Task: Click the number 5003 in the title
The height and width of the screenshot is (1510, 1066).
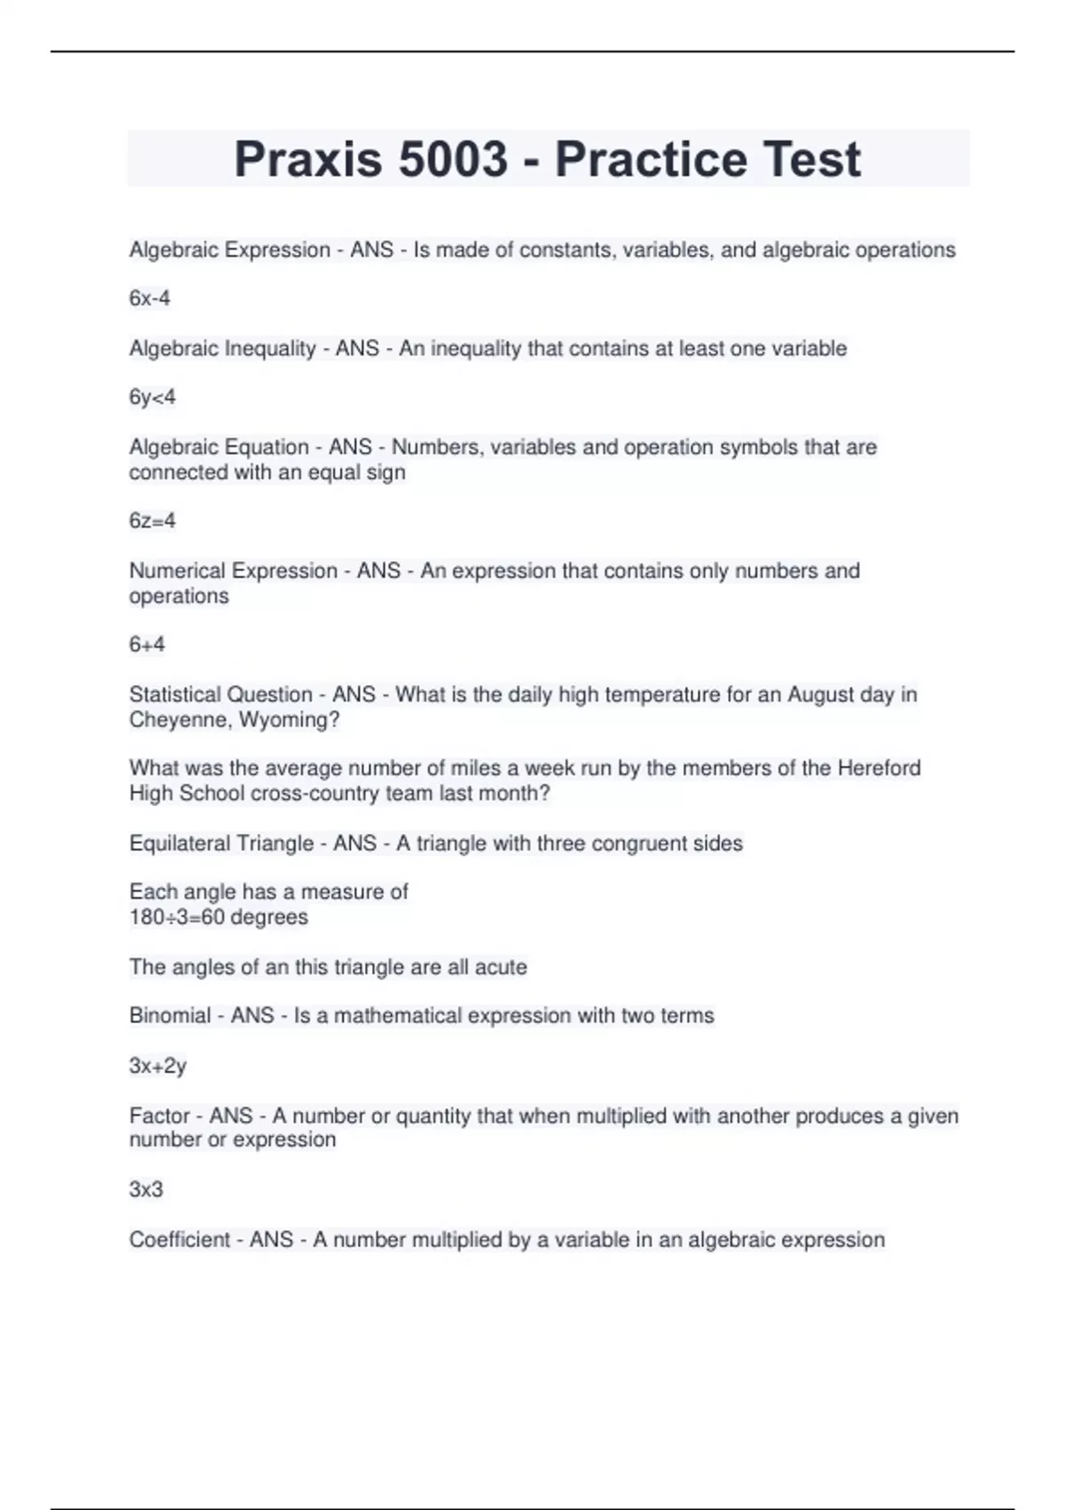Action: click(x=453, y=160)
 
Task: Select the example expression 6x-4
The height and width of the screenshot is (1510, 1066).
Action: click(x=149, y=298)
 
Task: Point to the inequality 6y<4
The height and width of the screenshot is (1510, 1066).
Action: click(x=152, y=397)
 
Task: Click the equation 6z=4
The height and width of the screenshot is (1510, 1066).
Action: click(x=152, y=521)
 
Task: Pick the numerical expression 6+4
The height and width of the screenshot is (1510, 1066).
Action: click(x=147, y=644)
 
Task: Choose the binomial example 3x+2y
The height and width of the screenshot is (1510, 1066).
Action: click(x=157, y=1065)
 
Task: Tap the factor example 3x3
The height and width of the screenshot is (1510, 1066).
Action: click(x=146, y=1188)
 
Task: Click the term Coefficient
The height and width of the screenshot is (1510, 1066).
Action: click(x=179, y=1239)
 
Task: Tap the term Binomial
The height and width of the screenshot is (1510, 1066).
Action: click(x=170, y=1015)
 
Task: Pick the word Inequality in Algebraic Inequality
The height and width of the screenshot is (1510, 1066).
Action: click(x=270, y=348)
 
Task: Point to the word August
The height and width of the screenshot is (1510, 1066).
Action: click(x=821, y=695)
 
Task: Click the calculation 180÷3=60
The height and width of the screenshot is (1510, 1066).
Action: click(x=177, y=917)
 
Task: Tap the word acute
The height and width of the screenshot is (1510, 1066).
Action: click(x=501, y=966)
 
